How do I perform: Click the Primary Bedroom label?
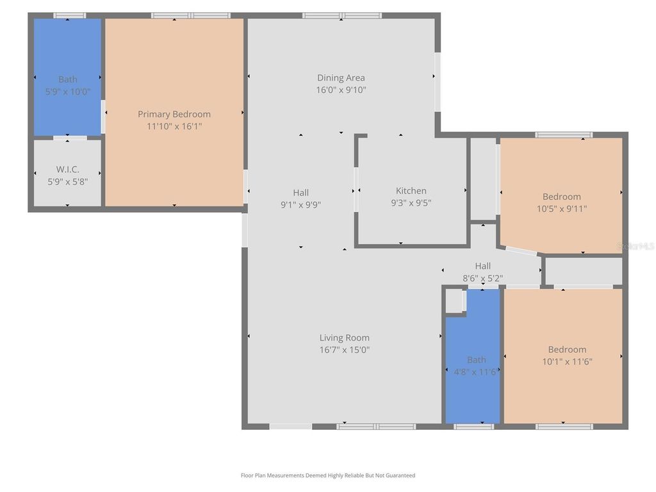(x=174, y=114)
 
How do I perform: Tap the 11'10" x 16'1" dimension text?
(x=174, y=126)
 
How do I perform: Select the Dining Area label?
(x=341, y=78)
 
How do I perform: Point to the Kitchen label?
(x=411, y=191)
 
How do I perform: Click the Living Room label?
(x=344, y=338)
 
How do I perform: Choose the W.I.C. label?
(x=68, y=169)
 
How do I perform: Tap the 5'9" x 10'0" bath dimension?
(x=68, y=92)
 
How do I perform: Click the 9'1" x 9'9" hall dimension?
(x=301, y=205)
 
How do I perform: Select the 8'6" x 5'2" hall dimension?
(x=483, y=278)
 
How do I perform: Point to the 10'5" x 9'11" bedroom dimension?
(x=562, y=209)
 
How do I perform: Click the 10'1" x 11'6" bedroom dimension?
(x=568, y=362)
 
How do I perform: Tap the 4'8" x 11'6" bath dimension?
(x=476, y=372)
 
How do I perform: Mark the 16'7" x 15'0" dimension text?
(x=344, y=350)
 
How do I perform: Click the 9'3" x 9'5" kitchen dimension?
(x=411, y=203)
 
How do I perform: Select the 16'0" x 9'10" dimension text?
(x=341, y=90)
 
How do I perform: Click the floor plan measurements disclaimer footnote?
(x=328, y=475)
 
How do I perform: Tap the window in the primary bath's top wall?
(x=69, y=15)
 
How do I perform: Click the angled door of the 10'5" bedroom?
(x=521, y=250)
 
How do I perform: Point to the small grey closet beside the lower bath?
(x=454, y=300)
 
